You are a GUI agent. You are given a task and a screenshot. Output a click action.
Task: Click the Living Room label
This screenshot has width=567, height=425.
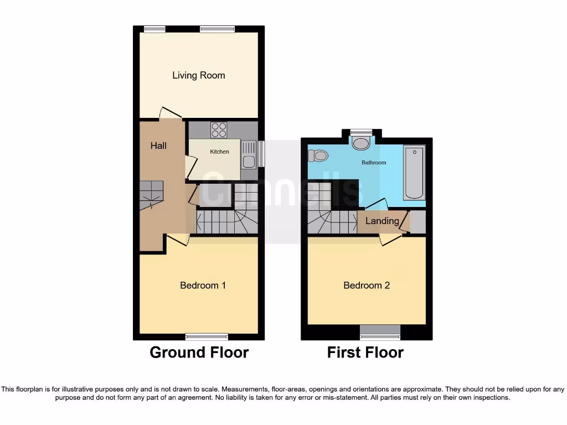[x=198, y=75]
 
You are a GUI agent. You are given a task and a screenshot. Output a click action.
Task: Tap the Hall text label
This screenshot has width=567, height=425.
[x=158, y=146]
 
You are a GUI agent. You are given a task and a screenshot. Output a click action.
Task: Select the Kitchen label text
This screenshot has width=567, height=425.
[x=219, y=152]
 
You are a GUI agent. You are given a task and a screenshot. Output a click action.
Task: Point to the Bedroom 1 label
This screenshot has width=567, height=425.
[x=203, y=286]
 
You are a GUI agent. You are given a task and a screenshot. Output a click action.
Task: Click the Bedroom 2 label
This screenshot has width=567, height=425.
[x=367, y=286]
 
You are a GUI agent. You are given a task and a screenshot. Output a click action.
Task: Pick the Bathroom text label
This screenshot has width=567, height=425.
[x=374, y=163]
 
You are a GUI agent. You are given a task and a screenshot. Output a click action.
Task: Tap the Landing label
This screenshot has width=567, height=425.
[x=382, y=221]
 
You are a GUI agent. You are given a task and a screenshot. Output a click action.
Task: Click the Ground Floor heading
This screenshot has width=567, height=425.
[x=199, y=353]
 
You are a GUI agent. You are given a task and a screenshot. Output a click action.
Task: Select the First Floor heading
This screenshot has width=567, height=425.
[x=365, y=353]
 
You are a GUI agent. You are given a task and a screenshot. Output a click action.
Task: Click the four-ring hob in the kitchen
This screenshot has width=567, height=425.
[x=219, y=129]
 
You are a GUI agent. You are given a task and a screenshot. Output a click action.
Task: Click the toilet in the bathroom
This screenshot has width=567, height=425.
[x=318, y=156]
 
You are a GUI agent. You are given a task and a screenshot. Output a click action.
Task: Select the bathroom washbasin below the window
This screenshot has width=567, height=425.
[x=362, y=144]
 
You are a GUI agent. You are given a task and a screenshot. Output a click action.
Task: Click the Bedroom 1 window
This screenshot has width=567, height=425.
[x=207, y=336]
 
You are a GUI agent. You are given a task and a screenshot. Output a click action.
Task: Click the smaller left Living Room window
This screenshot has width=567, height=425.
[x=154, y=29]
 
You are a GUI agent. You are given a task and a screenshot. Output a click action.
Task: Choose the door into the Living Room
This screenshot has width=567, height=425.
[x=171, y=113]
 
